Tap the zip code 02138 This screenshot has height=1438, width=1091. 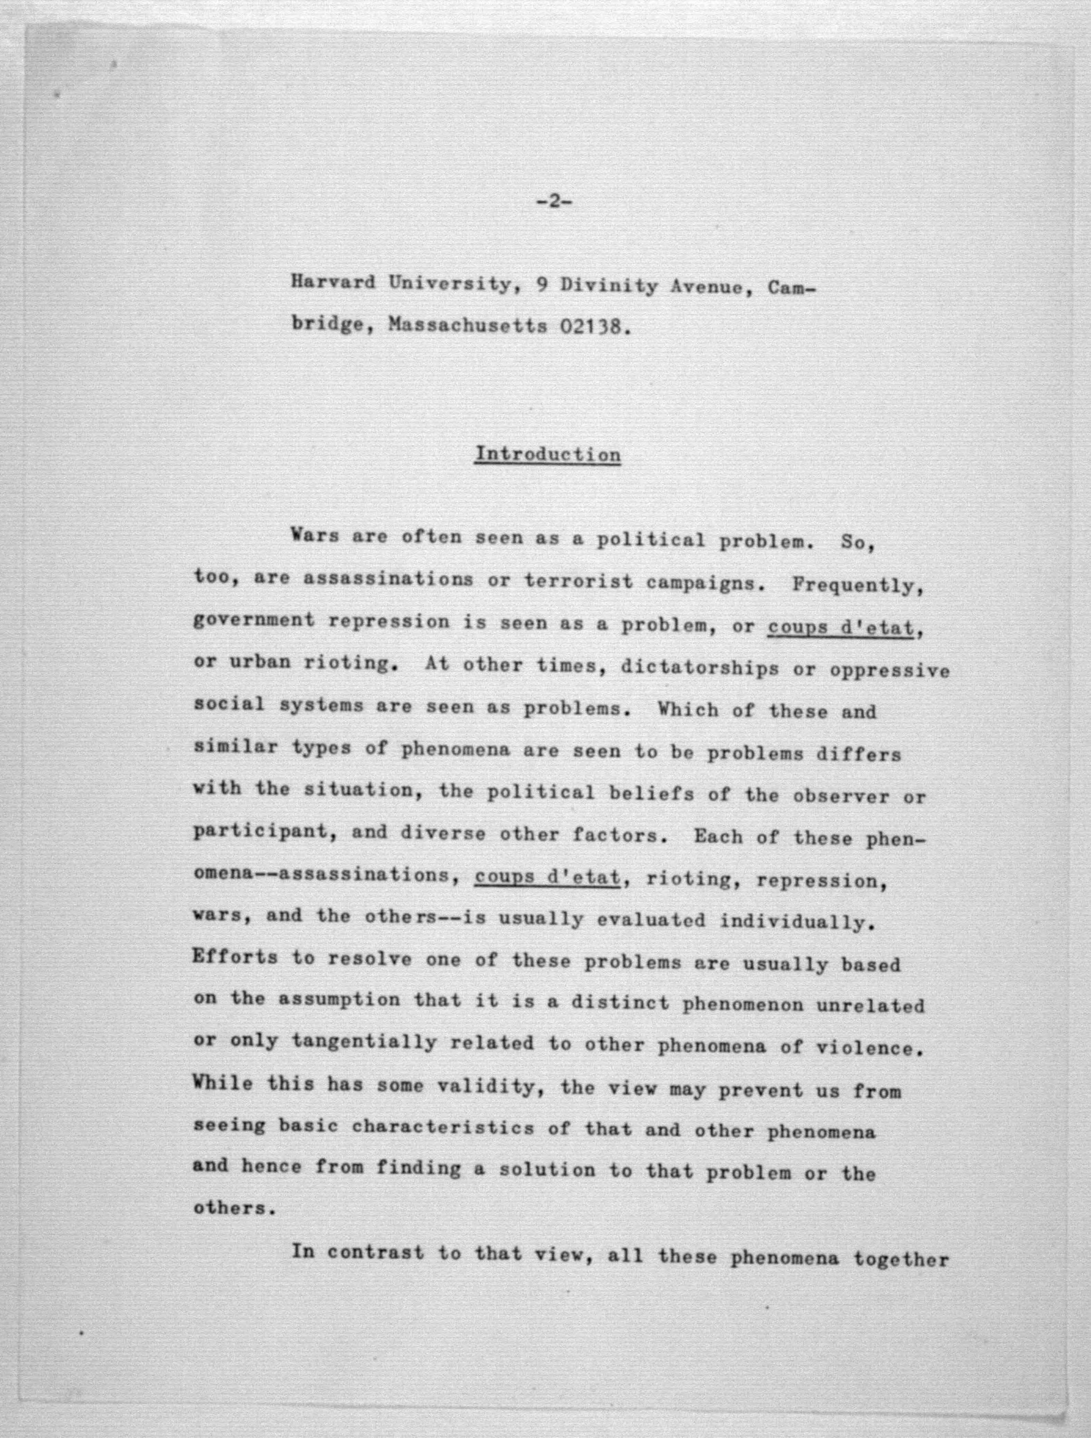pyautogui.click(x=594, y=326)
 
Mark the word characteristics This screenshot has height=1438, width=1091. pyautogui.click(x=442, y=1127)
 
